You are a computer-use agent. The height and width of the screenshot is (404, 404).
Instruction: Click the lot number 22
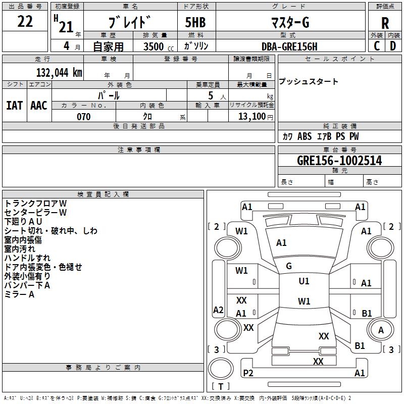tap(25, 22)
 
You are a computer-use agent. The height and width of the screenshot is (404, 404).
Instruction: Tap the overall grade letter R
tap(385, 23)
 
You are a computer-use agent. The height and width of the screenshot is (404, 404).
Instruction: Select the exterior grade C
tap(377, 45)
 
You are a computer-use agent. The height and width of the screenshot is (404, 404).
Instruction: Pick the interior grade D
tap(393, 45)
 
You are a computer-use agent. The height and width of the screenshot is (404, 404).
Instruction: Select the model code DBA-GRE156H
tap(289, 46)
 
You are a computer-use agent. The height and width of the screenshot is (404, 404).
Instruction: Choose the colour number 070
tap(83, 117)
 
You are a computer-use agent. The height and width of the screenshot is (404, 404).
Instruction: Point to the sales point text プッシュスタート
tap(309, 81)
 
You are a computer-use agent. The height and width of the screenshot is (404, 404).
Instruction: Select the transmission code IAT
tap(14, 105)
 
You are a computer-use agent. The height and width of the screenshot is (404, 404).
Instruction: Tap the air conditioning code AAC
tap(38, 105)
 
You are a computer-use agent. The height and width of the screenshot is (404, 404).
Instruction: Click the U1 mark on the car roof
tap(304, 281)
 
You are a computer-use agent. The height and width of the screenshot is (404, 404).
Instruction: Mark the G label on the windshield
tap(289, 266)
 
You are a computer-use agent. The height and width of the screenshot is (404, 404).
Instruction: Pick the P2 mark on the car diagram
tap(248, 373)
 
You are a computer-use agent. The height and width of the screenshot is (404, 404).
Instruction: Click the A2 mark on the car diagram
tap(218, 310)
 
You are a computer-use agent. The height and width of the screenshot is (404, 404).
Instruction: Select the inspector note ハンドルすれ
tap(27, 258)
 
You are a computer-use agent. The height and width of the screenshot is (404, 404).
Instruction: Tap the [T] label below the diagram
tap(221, 386)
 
